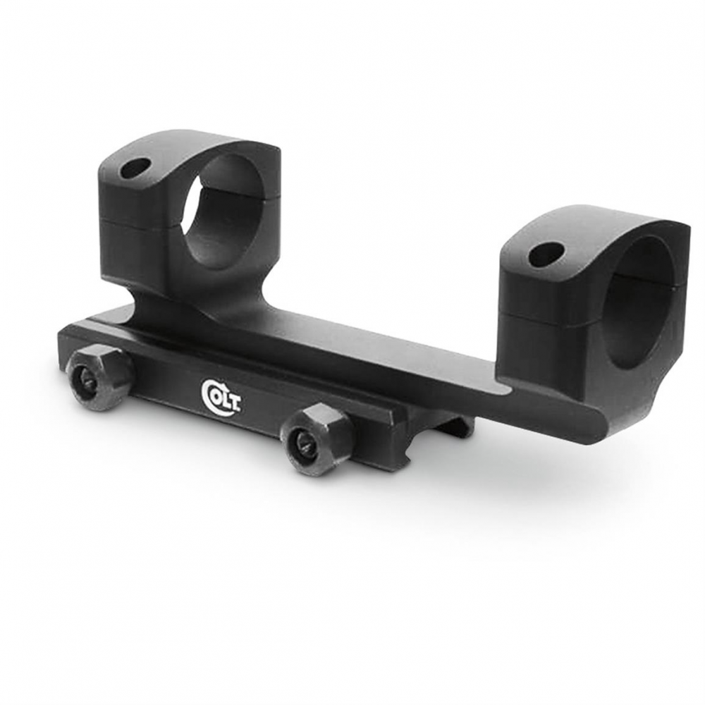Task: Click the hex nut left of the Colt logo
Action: pyautogui.click(x=98, y=372)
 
